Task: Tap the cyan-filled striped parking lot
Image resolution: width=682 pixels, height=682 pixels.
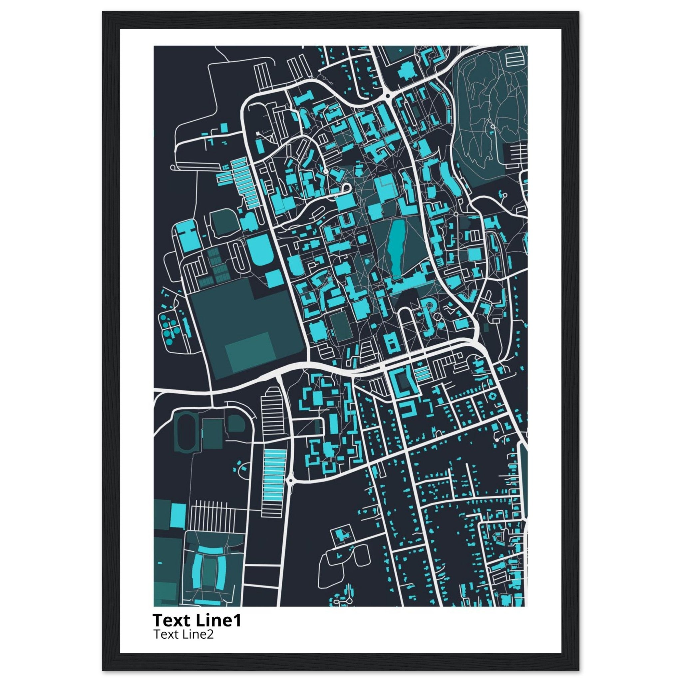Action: click(x=274, y=473)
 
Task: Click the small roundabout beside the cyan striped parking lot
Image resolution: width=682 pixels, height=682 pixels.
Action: click(x=290, y=480)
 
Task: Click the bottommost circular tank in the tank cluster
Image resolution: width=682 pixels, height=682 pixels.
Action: click(x=169, y=341)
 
